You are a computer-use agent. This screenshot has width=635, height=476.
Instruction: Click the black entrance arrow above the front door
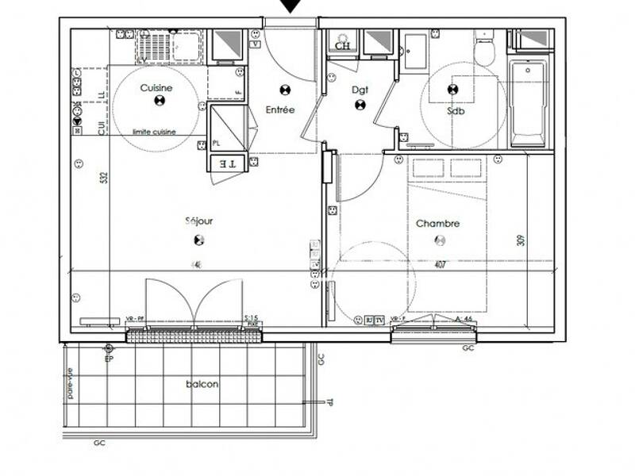pyautogui.click(x=291, y=6)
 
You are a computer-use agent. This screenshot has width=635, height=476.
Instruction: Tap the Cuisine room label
pyautogui.click(x=156, y=88)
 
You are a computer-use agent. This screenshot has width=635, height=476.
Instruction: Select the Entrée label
pyautogui.click(x=280, y=110)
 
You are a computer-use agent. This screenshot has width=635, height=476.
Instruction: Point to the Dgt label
pyautogui.click(x=360, y=90)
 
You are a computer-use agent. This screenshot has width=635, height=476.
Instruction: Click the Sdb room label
pyautogui.click(x=456, y=111)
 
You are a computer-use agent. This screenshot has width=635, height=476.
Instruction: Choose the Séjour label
pyautogui.click(x=198, y=222)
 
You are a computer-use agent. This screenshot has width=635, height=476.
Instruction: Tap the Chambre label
pyautogui.click(x=437, y=224)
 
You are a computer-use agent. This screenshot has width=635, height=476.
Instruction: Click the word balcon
pyautogui.click(x=202, y=384)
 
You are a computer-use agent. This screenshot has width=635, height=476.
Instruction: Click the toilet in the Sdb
pyautogui.click(x=484, y=51)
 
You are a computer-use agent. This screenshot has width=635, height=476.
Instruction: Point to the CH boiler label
pyautogui.click(x=342, y=46)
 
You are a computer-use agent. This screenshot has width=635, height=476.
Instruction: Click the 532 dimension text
pyautogui.click(x=103, y=178)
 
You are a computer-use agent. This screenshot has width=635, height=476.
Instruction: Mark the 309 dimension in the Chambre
pyautogui.click(x=521, y=239)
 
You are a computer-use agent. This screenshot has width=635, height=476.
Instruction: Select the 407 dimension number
pyautogui.click(x=439, y=265)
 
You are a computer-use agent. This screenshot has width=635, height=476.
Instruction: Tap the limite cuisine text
pyautogui.click(x=154, y=132)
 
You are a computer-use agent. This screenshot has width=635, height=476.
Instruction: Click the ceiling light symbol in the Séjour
pyautogui.click(x=198, y=240)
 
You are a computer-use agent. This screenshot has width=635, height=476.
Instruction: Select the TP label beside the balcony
pyautogui.click(x=329, y=402)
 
